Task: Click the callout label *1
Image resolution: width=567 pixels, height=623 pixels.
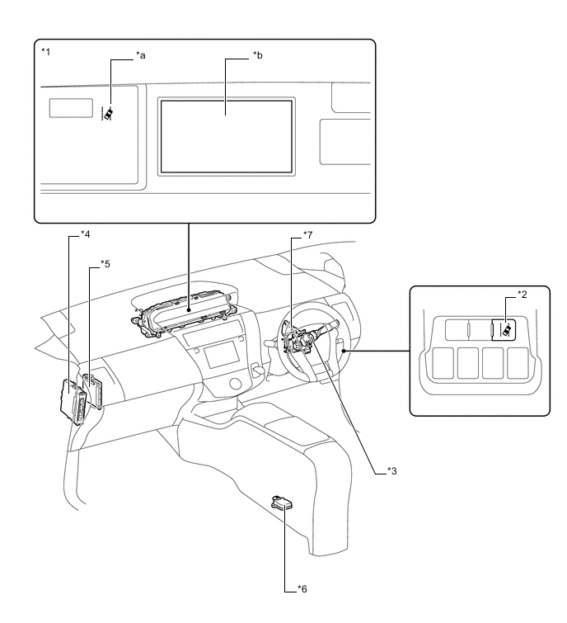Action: [45, 50]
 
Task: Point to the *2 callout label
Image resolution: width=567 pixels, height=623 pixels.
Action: [521, 293]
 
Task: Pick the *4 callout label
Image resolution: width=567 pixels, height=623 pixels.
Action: [86, 235]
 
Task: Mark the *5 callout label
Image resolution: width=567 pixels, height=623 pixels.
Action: [105, 263]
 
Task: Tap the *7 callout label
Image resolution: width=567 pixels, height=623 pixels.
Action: [307, 235]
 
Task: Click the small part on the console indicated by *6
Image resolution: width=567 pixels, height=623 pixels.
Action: [281, 503]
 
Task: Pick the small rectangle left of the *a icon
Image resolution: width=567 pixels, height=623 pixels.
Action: [71, 107]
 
